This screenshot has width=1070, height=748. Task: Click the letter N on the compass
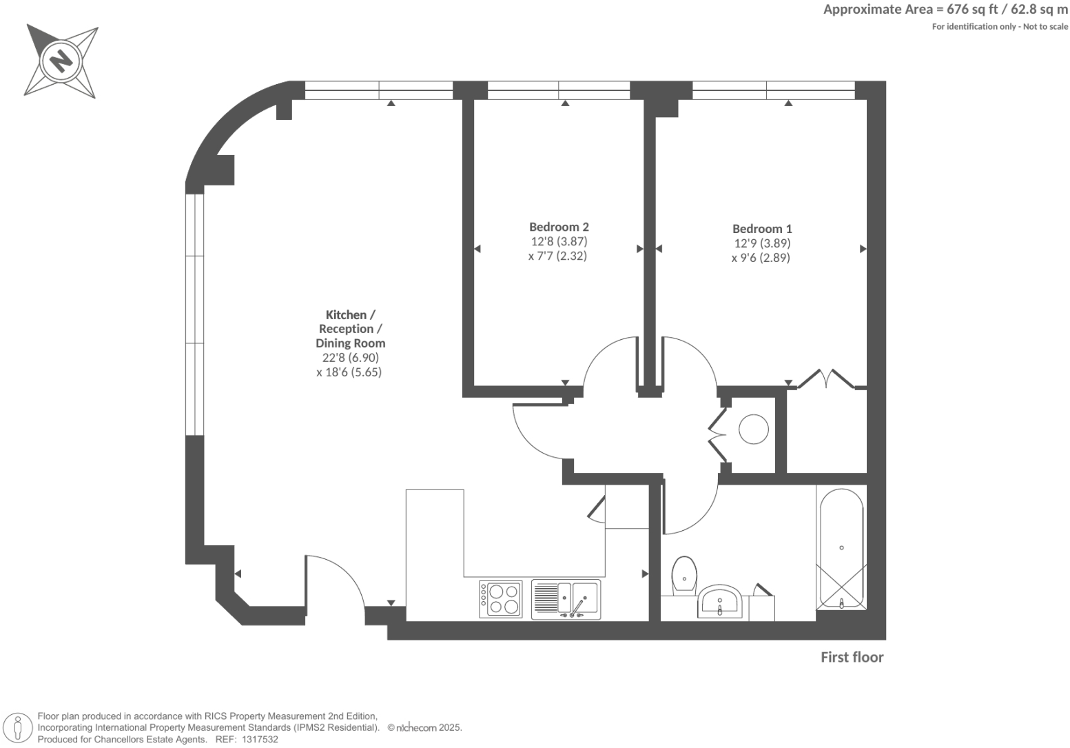(61, 61)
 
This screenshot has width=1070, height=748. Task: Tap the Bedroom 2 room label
(559, 227)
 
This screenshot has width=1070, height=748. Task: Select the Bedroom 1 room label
(762, 229)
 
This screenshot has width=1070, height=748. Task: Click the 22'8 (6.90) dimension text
(350, 358)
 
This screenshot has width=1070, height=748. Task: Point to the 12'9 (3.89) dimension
(762, 243)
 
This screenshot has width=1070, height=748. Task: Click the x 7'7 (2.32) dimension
(557, 256)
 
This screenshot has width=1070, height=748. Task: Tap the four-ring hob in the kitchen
(501, 599)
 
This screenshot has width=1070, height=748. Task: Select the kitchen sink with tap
(566, 599)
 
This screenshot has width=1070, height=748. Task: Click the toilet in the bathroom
(684, 576)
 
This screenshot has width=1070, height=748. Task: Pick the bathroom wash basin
(720, 601)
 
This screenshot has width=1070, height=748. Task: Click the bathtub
(841, 549)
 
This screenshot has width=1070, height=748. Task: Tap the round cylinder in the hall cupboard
(753, 429)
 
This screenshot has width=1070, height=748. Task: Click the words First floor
(852, 657)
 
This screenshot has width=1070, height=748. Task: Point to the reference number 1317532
(260, 740)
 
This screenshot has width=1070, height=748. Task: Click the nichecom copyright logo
(416, 728)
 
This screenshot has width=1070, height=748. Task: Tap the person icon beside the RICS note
(18, 729)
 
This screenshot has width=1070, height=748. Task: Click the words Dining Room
(350, 343)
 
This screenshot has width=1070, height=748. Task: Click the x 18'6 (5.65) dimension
(349, 372)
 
